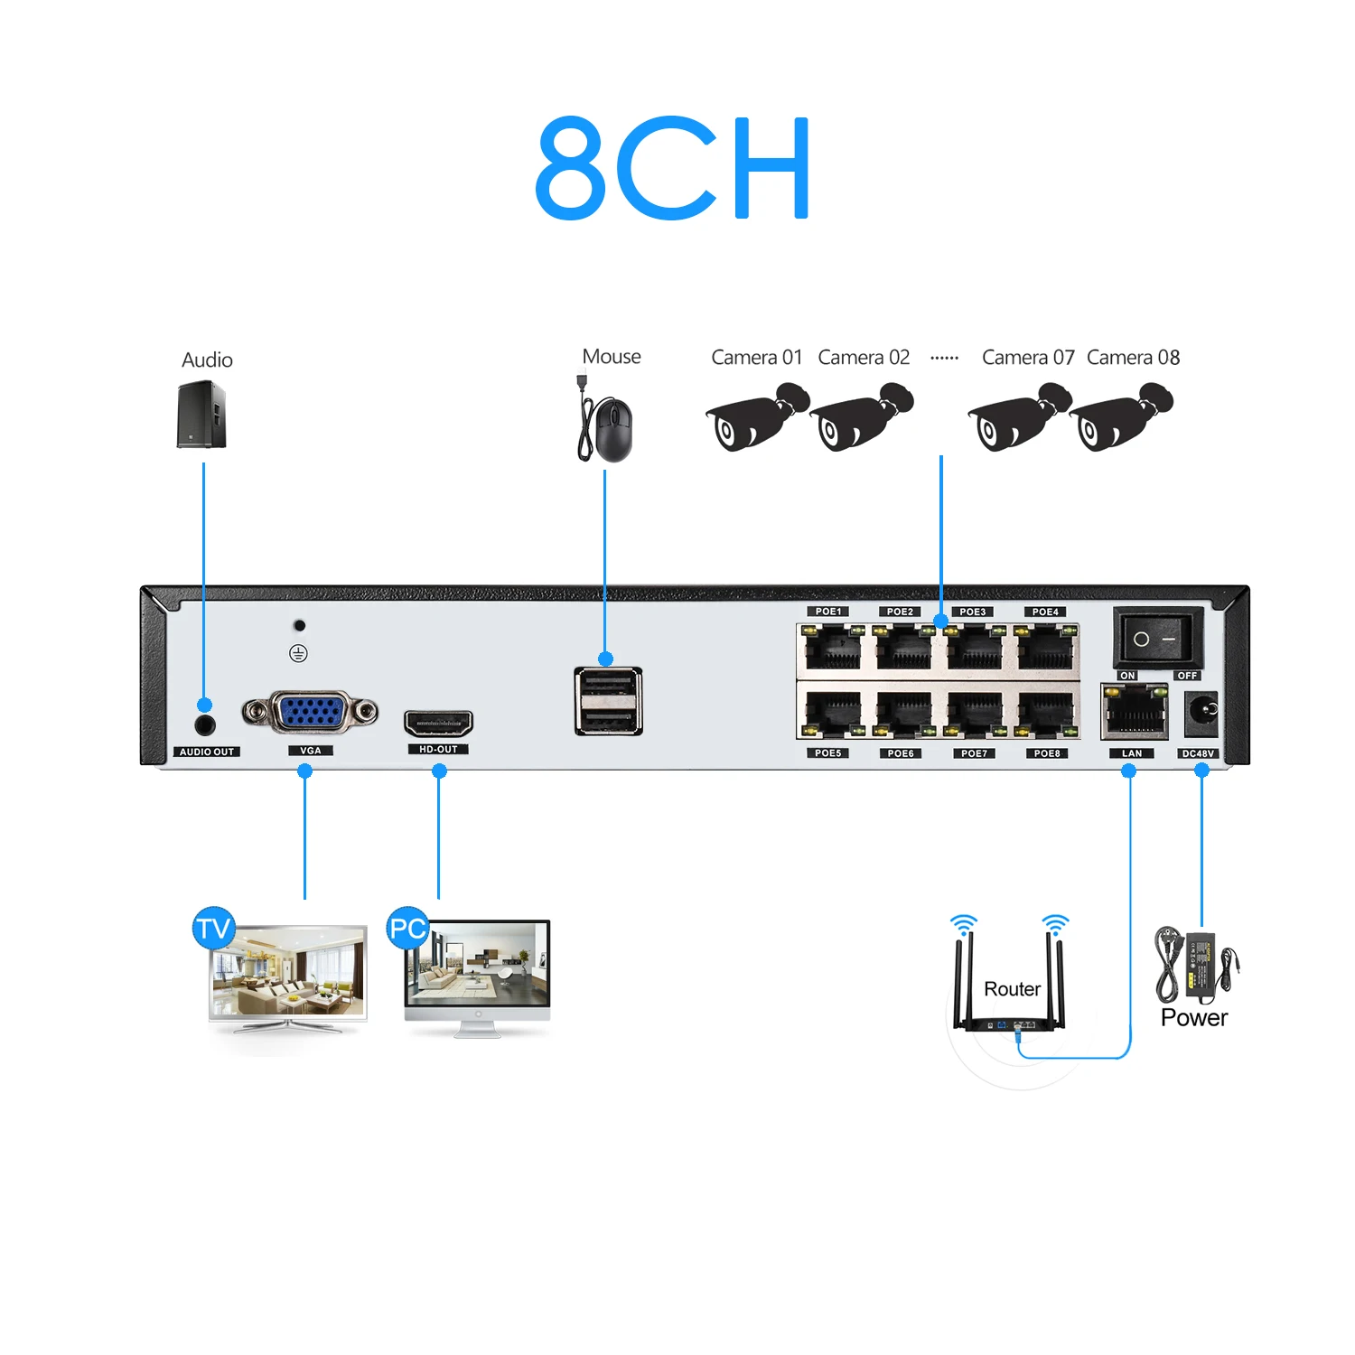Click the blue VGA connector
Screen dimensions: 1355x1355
click(310, 712)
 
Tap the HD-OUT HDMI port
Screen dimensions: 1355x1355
click(438, 723)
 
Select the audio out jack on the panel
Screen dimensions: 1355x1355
click(205, 724)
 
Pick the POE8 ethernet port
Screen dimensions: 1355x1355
click(1046, 715)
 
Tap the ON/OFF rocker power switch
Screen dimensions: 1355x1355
click(1158, 638)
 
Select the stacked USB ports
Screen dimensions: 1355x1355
click(608, 701)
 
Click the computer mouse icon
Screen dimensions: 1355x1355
click(607, 422)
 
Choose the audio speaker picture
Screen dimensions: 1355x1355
click(201, 414)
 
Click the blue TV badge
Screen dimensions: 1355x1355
click(214, 928)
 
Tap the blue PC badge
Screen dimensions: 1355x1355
click(407, 928)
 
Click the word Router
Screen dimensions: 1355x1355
click(1012, 989)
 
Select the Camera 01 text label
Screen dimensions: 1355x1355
click(756, 358)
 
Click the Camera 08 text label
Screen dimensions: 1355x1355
click(1133, 358)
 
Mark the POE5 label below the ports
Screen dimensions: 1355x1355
click(828, 753)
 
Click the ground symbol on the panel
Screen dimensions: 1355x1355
click(298, 653)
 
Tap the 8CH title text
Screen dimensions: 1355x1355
click(673, 168)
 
